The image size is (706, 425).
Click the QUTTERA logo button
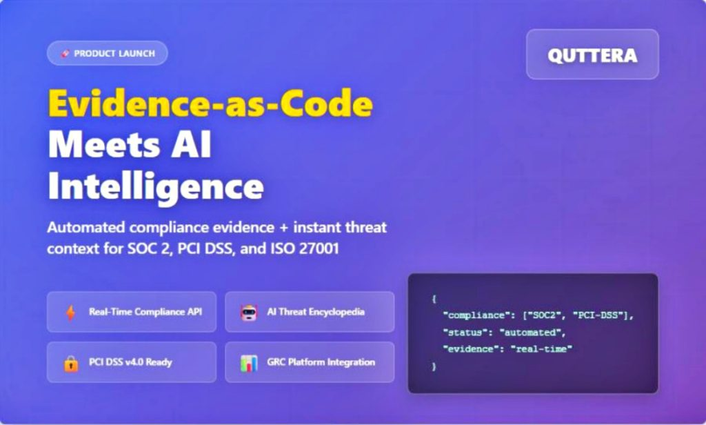592,55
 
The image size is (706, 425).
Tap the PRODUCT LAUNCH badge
108,53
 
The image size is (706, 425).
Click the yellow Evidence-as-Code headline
210,103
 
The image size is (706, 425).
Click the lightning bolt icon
70,313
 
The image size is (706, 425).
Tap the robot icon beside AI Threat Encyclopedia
248,313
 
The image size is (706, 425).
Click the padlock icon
70,363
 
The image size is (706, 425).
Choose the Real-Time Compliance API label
145,312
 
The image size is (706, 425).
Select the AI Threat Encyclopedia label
316,312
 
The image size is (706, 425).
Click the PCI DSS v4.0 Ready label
130,362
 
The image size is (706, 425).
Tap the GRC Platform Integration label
321,362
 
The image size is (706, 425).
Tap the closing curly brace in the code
434,366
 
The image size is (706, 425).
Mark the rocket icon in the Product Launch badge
65,53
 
